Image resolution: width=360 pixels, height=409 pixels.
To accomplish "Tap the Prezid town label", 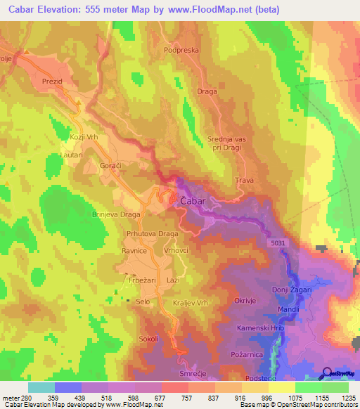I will coord(53,82).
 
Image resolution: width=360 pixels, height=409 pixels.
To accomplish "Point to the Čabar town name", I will coord(193,201).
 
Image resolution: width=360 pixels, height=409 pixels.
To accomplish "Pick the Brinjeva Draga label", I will coord(117,214).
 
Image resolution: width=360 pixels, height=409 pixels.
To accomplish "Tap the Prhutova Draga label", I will coord(152,233).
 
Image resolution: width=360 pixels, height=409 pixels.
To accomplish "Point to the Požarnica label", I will coord(247,356).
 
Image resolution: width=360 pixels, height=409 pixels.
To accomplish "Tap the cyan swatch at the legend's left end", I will coord(41,387).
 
